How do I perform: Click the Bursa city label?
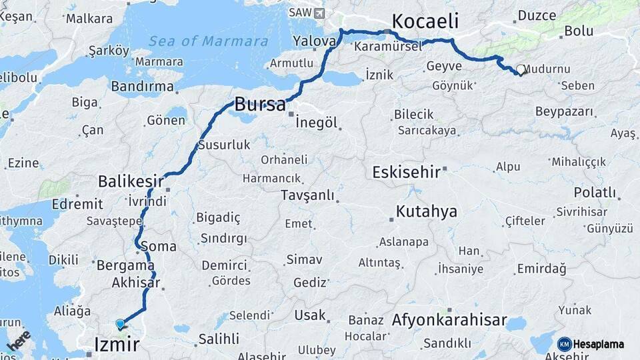tap(260, 105)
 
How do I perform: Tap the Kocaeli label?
tap(425, 21)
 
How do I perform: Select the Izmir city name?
tap(117, 344)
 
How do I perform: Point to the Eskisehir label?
tap(406, 172)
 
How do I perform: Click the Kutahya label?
tap(427, 212)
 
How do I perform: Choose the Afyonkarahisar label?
tap(450, 319)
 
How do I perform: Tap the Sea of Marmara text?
tap(209, 41)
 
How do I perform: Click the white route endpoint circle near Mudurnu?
tap(520, 69)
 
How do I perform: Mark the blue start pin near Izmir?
tap(120, 324)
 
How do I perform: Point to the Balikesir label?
tap(131, 181)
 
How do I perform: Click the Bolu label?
tap(579, 31)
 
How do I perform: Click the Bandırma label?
tap(142, 86)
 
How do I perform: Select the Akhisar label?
tap(136, 283)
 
